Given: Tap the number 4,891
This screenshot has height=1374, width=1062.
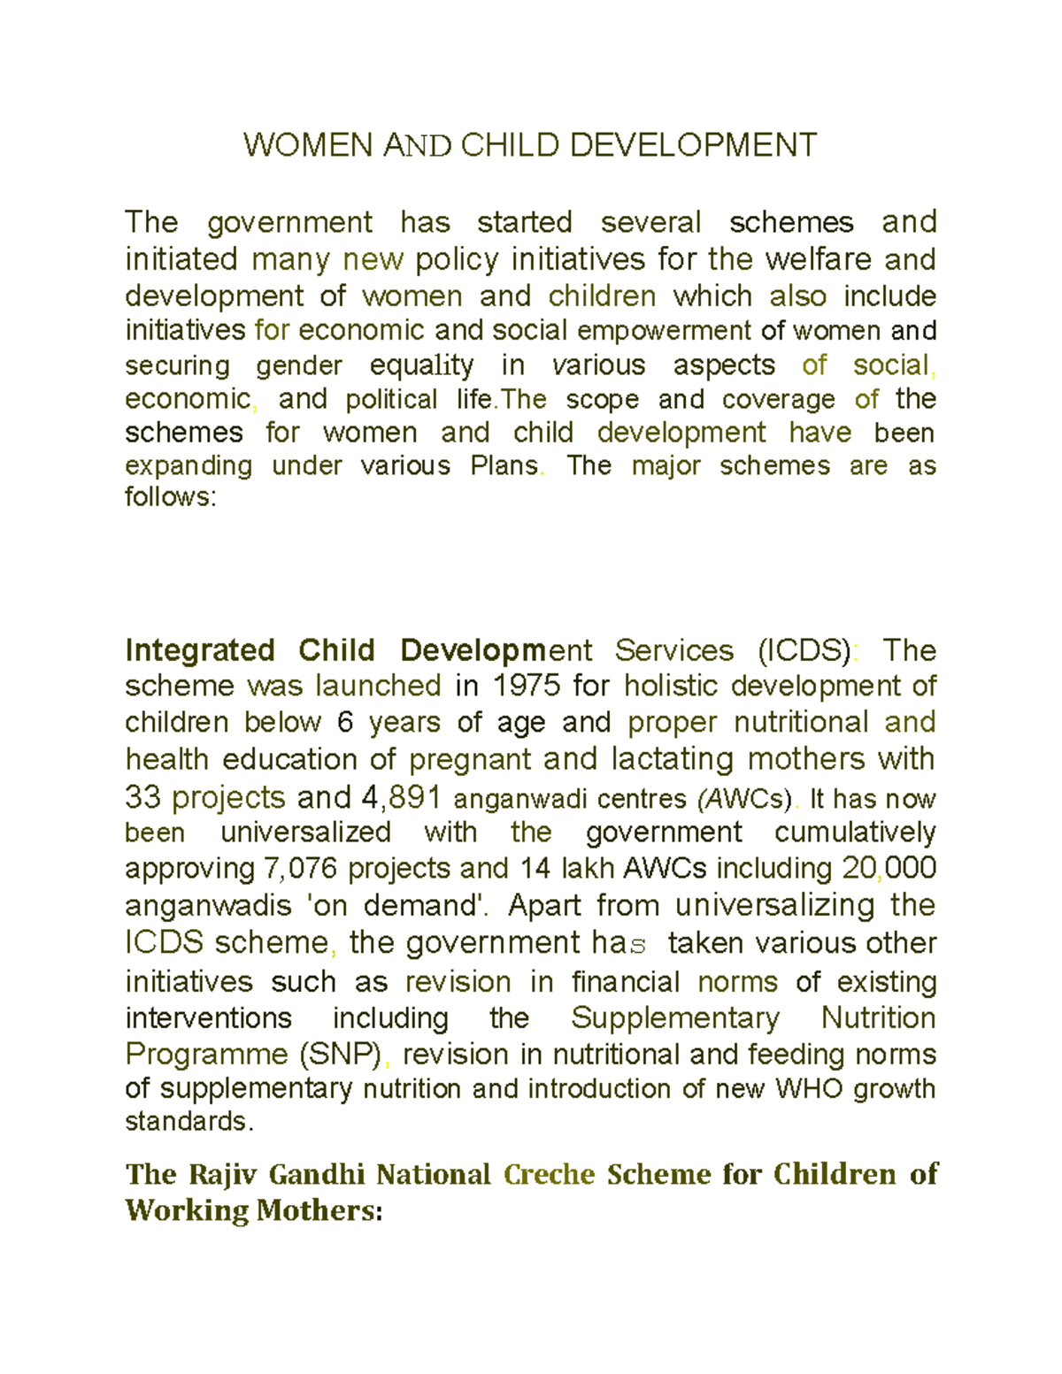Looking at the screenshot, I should tap(401, 797).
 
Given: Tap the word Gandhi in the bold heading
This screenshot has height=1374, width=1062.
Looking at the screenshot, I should tap(316, 1174).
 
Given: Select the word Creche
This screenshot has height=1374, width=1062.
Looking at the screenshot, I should tap(549, 1174).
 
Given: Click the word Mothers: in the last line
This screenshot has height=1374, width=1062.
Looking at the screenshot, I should tap(319, 1210).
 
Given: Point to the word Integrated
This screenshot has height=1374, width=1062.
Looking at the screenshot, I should tap(198, 650).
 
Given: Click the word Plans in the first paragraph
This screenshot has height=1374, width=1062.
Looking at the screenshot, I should tap(504, 465).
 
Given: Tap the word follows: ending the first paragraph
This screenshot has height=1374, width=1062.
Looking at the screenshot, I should tap(170, 497).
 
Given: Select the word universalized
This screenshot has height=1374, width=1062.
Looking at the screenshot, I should tap(305, 833).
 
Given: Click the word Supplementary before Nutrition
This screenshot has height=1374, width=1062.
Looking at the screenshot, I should tap(674, 1017).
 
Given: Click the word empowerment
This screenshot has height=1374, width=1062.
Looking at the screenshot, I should tap(664, 331).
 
